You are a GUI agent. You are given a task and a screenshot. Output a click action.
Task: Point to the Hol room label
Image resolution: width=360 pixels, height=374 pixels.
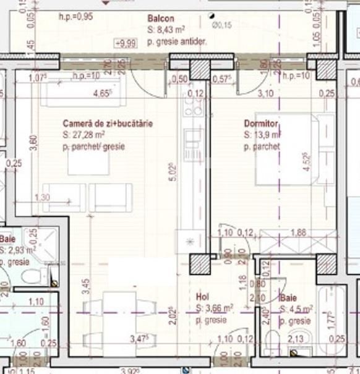[202, 297]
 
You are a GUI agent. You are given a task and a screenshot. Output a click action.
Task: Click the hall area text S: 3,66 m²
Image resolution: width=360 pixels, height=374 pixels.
[214, 308]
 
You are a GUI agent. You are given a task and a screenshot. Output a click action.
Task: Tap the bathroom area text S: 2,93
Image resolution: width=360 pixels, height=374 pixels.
[19, 250]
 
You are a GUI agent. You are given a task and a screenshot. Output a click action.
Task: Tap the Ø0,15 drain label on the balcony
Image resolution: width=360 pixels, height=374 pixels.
[221, 25]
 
